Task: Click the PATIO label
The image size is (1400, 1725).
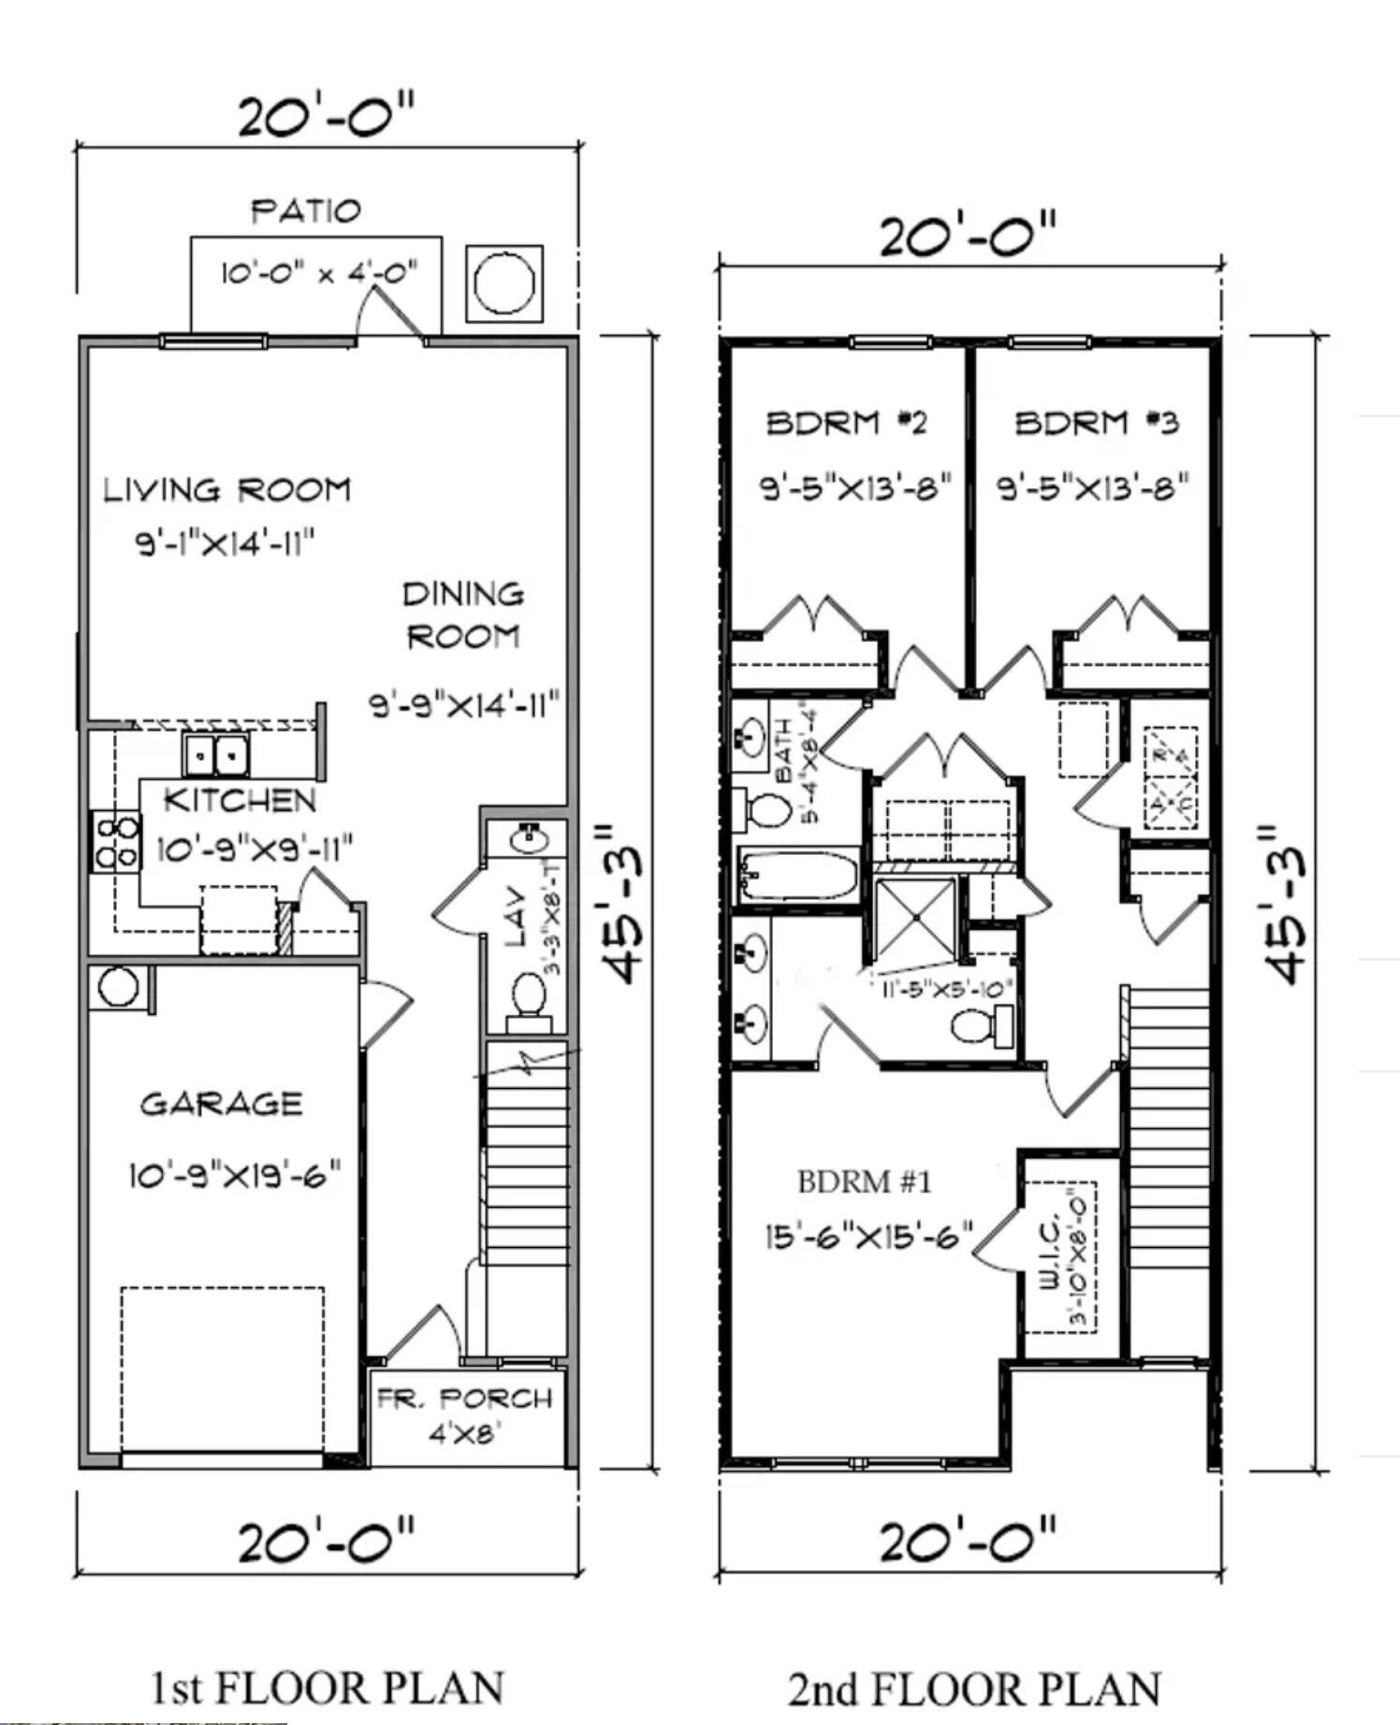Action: (x=305, y=210)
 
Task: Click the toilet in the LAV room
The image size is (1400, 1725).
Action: (x=529, y=997)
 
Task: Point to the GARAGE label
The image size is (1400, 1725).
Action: (x=222, y=1104)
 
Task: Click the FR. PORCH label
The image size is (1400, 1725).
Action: (x=465, y=1399)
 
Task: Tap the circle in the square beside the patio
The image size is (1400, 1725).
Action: (x=504, y=283)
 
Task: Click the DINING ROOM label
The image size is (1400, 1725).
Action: (x=463, y=615)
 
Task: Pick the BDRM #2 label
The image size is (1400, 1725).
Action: (x=847, y=423)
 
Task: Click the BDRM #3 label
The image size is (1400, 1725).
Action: (x=1097, y=423)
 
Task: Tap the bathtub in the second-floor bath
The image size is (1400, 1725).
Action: (x=798, y=877)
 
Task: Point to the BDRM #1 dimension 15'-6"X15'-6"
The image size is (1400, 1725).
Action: (x=869, y=1236)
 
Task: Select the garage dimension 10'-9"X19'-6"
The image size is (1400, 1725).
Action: (x=234, y=1174)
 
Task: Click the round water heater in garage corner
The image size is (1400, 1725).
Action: (x=119, y=986)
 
